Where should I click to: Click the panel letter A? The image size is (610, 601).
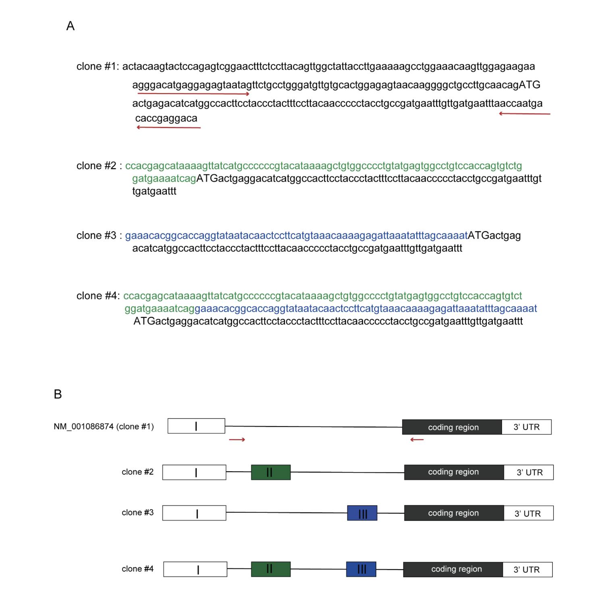coord(70,26)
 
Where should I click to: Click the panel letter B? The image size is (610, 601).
coord(58,394)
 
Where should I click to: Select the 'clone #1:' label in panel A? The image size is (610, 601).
coord(98,66)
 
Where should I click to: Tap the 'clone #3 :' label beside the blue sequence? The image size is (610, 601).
coord(99,236)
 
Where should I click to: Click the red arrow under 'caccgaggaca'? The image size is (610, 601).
coord(168,128)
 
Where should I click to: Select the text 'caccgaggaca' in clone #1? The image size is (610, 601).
coord(166,118)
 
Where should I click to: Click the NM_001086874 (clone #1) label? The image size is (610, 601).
coord(104,427)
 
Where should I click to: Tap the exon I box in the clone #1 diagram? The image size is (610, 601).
coord(196,426)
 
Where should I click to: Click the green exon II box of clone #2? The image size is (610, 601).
coord(270,472)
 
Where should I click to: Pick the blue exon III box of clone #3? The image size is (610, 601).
coord(362,513)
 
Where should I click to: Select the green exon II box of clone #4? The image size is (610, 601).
coord(270,569)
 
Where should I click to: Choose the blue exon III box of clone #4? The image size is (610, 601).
coord(361,569)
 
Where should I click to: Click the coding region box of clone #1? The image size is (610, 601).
coord(452,427)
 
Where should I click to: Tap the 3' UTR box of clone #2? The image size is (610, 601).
coord(529,473)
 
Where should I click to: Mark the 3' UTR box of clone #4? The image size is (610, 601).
coord(527,570)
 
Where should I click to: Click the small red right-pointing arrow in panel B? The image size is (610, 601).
coord(237,439)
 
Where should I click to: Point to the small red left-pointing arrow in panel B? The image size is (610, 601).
coord(417,439)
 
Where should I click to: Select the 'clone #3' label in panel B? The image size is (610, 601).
coord(137,513)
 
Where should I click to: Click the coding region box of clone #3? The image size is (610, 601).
coord(454,513)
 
